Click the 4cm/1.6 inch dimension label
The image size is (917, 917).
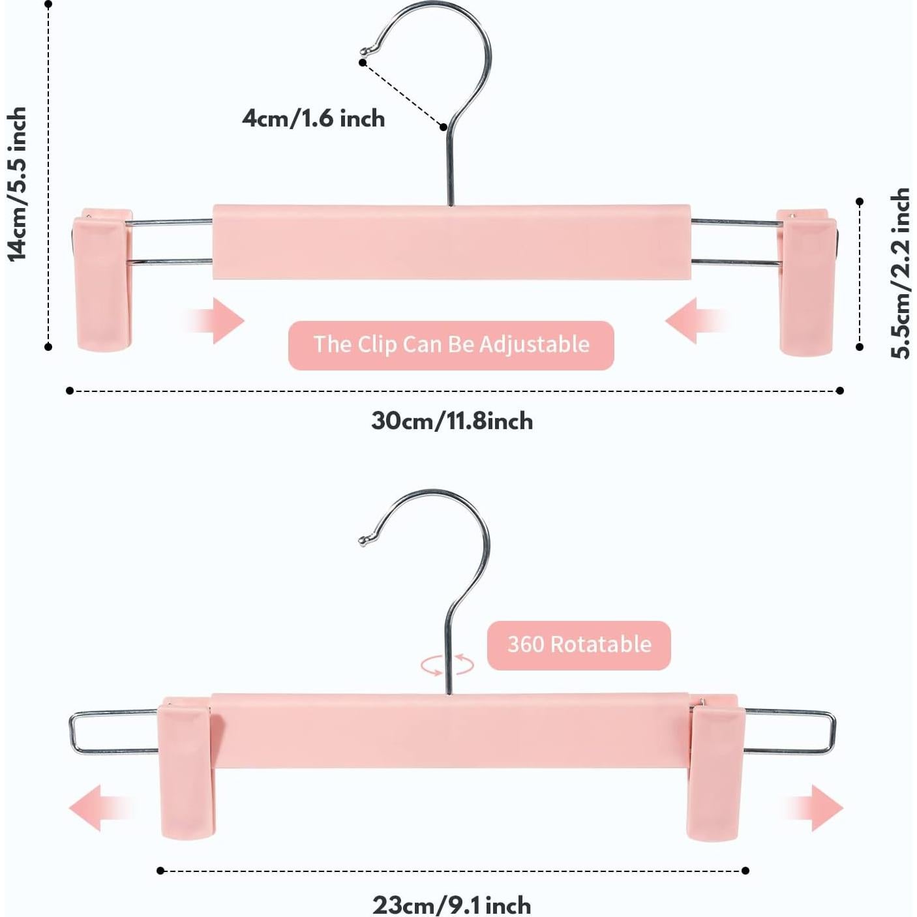point(313,119)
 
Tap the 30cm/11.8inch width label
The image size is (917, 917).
point(452,421)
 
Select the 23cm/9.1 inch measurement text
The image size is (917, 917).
point(452,905)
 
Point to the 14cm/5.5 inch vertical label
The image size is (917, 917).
point(18,185)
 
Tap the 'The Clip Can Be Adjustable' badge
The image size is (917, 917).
point(451,345)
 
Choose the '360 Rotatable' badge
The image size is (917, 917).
point(579,645)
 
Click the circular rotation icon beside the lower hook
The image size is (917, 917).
point(447,665)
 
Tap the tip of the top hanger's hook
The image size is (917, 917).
point(365,51)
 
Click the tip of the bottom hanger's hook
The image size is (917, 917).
point(363,539)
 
